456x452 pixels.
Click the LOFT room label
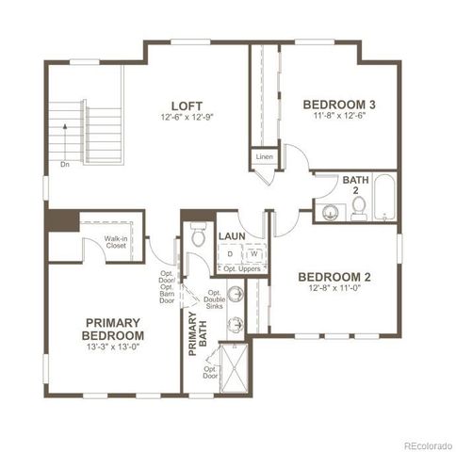point(183,105)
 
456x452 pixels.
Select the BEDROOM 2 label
point(334,277)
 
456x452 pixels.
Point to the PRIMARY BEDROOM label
point(113,330)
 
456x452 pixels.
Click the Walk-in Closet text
point(117,244)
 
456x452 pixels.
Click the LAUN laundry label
point(232,236)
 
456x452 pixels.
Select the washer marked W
point(253,254)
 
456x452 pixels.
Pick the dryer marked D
point(230,254)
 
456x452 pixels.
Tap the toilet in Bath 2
point(360,210)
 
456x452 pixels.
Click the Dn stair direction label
point(65,162)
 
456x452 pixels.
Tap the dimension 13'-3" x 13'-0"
point(113,347)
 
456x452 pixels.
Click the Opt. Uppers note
point(240,269)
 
